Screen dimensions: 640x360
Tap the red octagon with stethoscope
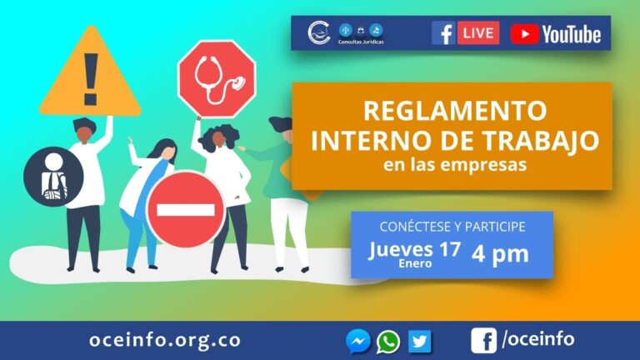pyautogui.click(x=217, y=79)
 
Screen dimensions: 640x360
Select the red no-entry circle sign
pyautogui.click(x=186, y=209)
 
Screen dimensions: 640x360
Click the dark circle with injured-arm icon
pyautogui.click(x=53, y=177)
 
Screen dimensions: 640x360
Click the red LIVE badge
pyautogui.click(x=478, y=32)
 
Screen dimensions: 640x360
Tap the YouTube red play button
pyautogui.click(x=525, y=34)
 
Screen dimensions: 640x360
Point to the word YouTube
pyautogui.click(x=572, y=34)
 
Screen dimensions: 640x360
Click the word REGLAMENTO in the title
pyautogui.click(x=455, y=111)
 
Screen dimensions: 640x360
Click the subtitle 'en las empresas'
pyautogui.click(x=455, y=164)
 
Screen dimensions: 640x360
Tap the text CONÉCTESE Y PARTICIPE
pyautogui.click(x=452, y=227)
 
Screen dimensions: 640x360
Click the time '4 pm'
pyautogui.click(x=500, y=254)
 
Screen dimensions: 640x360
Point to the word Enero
pyautogui.click(x=415, y=263)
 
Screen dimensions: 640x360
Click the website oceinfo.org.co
pyautogui.click(x=165, y=340)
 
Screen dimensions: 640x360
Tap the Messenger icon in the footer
pyautogui.click(x=358, y=341)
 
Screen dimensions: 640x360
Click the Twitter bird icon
pyautogui.click(x=420, y=341)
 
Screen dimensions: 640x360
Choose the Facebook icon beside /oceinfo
pyautogui.click(x=483, y=340)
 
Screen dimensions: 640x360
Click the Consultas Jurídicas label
pyautogui.click(x=361, y=42)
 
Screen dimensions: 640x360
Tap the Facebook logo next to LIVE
pyautogui.click(x=443, y=32)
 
